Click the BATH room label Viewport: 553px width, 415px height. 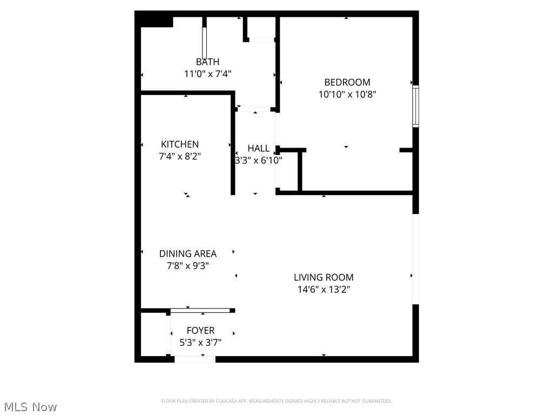point(207,62)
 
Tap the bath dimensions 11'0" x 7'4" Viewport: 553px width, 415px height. point(208,74)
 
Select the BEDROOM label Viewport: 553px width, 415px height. point(347,82)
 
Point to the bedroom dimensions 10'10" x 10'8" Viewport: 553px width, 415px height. point(347,94)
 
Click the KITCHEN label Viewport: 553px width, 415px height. point(180,144)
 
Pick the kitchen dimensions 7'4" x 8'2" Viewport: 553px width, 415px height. point(180,156)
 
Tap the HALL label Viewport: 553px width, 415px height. point(258,148)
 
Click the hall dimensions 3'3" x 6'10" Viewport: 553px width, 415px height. point(258,160)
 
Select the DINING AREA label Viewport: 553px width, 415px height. point(187,253)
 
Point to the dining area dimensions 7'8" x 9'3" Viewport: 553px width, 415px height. point(187,265)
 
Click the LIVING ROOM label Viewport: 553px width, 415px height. point(323,277)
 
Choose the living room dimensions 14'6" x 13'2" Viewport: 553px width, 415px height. point(323,289)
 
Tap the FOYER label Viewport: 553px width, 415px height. point(200,330)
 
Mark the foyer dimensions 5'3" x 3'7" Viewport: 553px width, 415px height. point(200,342)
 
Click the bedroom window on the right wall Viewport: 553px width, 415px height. point(415,106)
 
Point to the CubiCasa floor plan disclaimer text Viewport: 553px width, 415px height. point(276,401)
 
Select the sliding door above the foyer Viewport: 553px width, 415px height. point(200,310)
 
